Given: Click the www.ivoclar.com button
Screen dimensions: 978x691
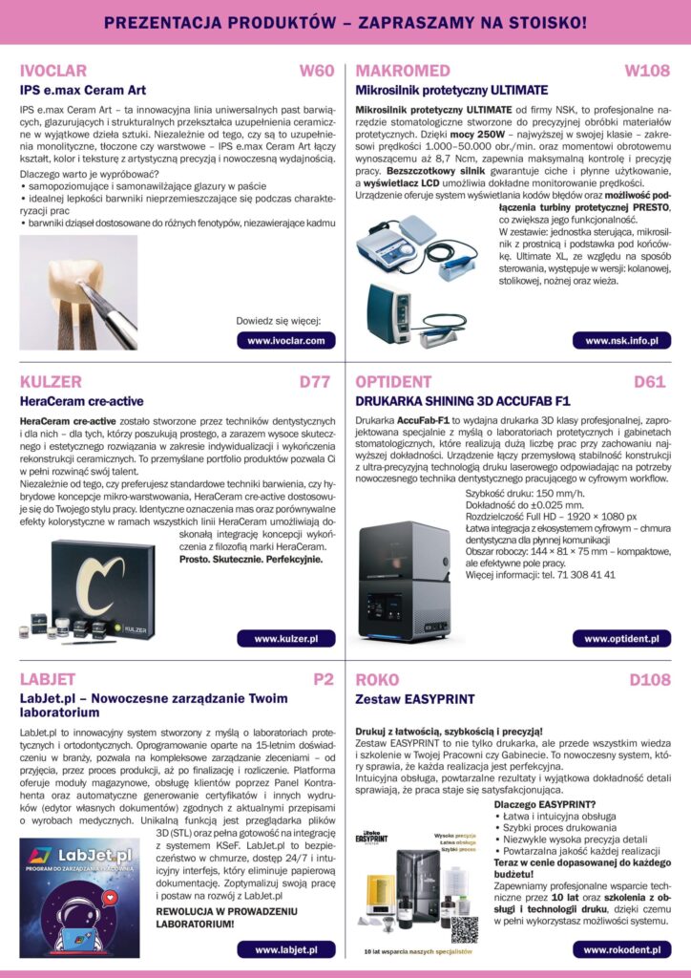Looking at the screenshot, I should pos(285,340).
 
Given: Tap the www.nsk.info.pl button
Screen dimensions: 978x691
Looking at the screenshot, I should pos(621,340).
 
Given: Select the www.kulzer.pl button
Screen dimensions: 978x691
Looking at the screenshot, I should pos(285,638).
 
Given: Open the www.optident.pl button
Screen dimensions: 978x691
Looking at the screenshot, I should pos(621,638).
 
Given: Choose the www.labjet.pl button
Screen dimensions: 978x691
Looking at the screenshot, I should pos(285,949).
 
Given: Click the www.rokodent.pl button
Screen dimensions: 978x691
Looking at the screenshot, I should pos(621,949).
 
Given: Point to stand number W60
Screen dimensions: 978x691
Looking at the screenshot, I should pos(317,71).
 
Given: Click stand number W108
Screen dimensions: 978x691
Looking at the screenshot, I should pos(646,71).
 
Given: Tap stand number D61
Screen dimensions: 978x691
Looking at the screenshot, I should pos(650,382).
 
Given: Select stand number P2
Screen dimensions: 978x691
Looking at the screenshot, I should pos(324,680).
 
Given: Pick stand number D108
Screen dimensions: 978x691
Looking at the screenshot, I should pos(649,680).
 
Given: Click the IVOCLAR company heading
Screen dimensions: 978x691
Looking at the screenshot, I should pos(53,71).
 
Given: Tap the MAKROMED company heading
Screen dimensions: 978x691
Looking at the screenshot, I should pos(402,71).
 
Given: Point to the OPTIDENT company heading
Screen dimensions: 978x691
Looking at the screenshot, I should pos(393,382).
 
